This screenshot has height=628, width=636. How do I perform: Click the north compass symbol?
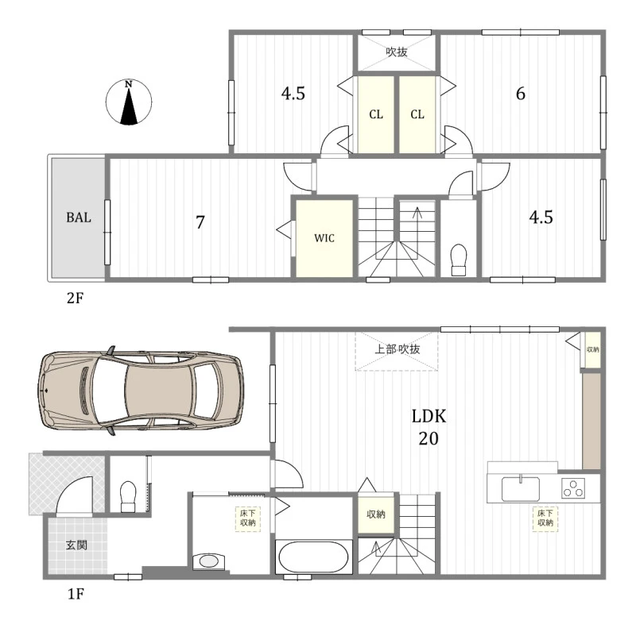pos(129,102)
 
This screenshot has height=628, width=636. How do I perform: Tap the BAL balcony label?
pos(79,218)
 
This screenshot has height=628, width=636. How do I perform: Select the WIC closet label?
pos(324,238)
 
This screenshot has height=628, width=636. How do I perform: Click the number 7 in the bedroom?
pos(200,222)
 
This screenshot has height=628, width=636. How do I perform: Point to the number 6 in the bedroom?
pos(521,94)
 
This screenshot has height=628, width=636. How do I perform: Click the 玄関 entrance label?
pos(76,545)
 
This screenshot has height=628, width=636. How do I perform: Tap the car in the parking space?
pos(141,391)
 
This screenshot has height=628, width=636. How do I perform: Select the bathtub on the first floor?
pos(313,557)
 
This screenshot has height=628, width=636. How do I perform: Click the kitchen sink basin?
pos(521,489)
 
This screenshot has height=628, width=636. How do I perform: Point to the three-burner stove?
pos(573,488)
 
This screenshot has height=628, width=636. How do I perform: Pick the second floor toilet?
pos(459,260)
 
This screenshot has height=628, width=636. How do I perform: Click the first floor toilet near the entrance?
pos(128,497)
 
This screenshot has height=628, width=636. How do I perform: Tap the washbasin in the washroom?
pos(208,561)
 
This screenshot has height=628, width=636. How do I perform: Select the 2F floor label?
pos(75,299)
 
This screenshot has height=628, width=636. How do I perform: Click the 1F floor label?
pos(76,594)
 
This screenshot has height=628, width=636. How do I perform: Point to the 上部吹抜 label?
pos(397,349)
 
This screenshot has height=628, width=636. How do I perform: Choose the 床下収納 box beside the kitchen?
pos(545,518)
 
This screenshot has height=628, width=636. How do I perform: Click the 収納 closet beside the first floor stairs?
pos(376,514)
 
